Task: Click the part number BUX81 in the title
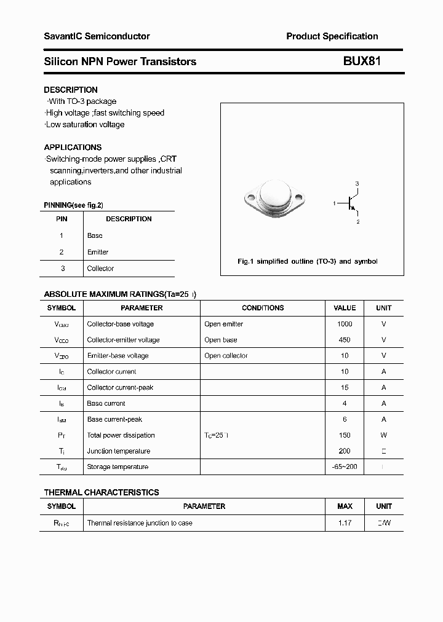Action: (357, 61)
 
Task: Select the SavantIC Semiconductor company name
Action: (97, 36)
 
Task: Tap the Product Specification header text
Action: (332, 36)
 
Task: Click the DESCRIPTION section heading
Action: (71, 90)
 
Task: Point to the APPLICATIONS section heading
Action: (73, 148)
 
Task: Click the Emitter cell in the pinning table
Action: (98, 252)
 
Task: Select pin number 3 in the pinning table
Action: (62, 269)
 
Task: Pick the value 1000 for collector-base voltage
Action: (345, 324)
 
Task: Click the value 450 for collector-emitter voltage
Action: (345, 340)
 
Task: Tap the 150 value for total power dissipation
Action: (345, 435)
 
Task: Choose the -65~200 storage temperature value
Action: (345, 467)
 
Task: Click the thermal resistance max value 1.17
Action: (345, 523)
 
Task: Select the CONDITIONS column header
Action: (263, 308)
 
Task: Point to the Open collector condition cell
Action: (226, 356)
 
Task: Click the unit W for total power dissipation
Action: (383, 435)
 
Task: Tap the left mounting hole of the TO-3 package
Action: (250, 199)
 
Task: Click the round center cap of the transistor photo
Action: (274, 195)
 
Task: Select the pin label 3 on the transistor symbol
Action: (357, 184)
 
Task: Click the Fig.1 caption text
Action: (308, 261)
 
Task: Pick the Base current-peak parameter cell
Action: (114, 419)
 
